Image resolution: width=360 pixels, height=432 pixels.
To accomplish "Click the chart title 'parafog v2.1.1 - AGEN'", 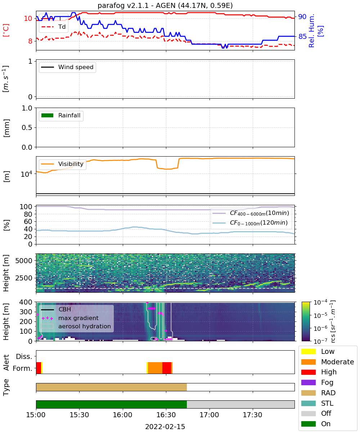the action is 137,5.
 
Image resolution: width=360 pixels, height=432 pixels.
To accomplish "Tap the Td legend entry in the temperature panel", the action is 53,27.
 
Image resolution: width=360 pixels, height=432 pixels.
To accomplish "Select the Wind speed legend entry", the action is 67,67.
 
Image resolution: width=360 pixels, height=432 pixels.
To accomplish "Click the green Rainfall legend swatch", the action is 48,116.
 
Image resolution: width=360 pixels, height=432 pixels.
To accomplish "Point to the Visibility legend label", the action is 71,164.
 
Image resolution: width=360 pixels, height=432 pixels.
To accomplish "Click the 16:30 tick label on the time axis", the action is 166,415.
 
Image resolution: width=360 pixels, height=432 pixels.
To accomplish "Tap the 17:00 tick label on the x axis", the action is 210,415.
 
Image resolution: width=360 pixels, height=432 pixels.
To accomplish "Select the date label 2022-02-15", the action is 165,427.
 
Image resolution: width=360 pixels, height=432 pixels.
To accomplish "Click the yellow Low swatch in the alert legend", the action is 308,351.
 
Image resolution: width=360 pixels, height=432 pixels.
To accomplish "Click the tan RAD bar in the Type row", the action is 111,387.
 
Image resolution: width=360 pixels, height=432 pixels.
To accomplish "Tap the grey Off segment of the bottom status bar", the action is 240,404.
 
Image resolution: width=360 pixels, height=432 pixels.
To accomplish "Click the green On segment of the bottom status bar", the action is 111,404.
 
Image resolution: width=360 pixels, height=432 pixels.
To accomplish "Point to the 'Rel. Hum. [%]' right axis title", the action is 316,31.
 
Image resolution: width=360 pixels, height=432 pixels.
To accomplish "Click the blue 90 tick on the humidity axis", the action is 302,17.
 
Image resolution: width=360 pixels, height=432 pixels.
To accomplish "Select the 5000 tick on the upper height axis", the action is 24,261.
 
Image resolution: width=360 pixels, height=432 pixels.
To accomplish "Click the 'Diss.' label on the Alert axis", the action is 24,356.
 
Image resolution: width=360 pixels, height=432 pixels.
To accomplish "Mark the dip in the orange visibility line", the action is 167,169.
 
